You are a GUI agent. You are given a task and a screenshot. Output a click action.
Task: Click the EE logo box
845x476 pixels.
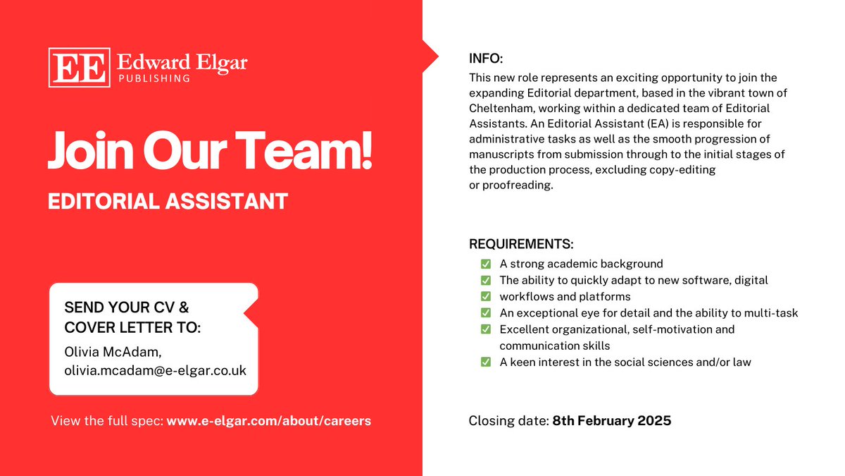78,68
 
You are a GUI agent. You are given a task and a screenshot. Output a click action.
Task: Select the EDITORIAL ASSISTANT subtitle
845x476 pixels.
168,201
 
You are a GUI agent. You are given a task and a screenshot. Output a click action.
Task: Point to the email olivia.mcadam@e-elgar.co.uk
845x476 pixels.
155,370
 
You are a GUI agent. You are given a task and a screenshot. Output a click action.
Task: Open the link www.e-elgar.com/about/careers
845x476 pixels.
268,421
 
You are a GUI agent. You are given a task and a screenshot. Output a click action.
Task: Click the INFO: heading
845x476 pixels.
486,58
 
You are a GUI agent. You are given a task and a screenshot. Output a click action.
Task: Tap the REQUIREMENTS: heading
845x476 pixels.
521,245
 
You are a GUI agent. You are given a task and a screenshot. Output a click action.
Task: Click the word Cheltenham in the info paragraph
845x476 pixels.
503,108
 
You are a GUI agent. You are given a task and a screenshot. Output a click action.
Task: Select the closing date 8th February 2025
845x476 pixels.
611,421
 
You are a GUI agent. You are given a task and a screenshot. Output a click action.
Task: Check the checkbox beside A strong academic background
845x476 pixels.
486,264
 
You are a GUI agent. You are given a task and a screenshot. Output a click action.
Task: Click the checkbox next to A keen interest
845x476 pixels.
486,362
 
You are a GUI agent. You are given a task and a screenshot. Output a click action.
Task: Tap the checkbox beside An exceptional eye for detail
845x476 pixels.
486,312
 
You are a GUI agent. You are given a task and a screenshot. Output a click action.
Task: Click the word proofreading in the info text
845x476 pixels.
518,185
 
